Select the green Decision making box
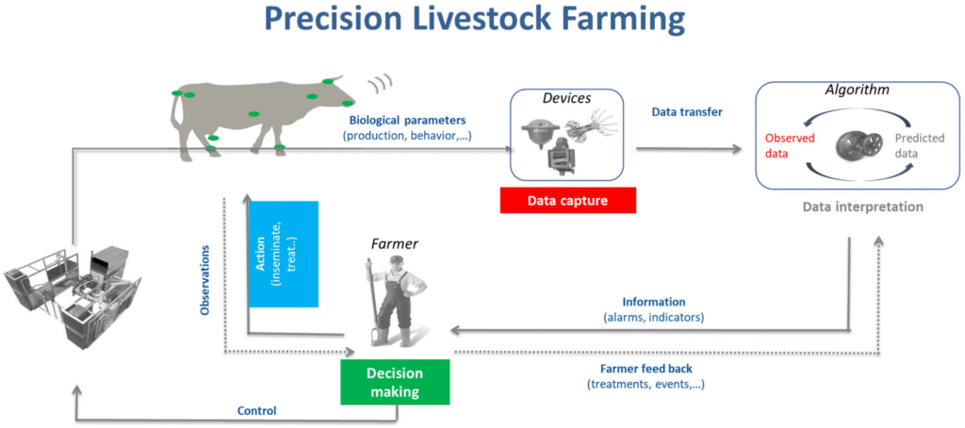[395, 384]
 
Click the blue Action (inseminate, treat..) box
[283, 254]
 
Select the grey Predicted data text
[918, 144]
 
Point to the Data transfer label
[687, 112]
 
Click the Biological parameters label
[408, 121]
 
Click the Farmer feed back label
[646, 370]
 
